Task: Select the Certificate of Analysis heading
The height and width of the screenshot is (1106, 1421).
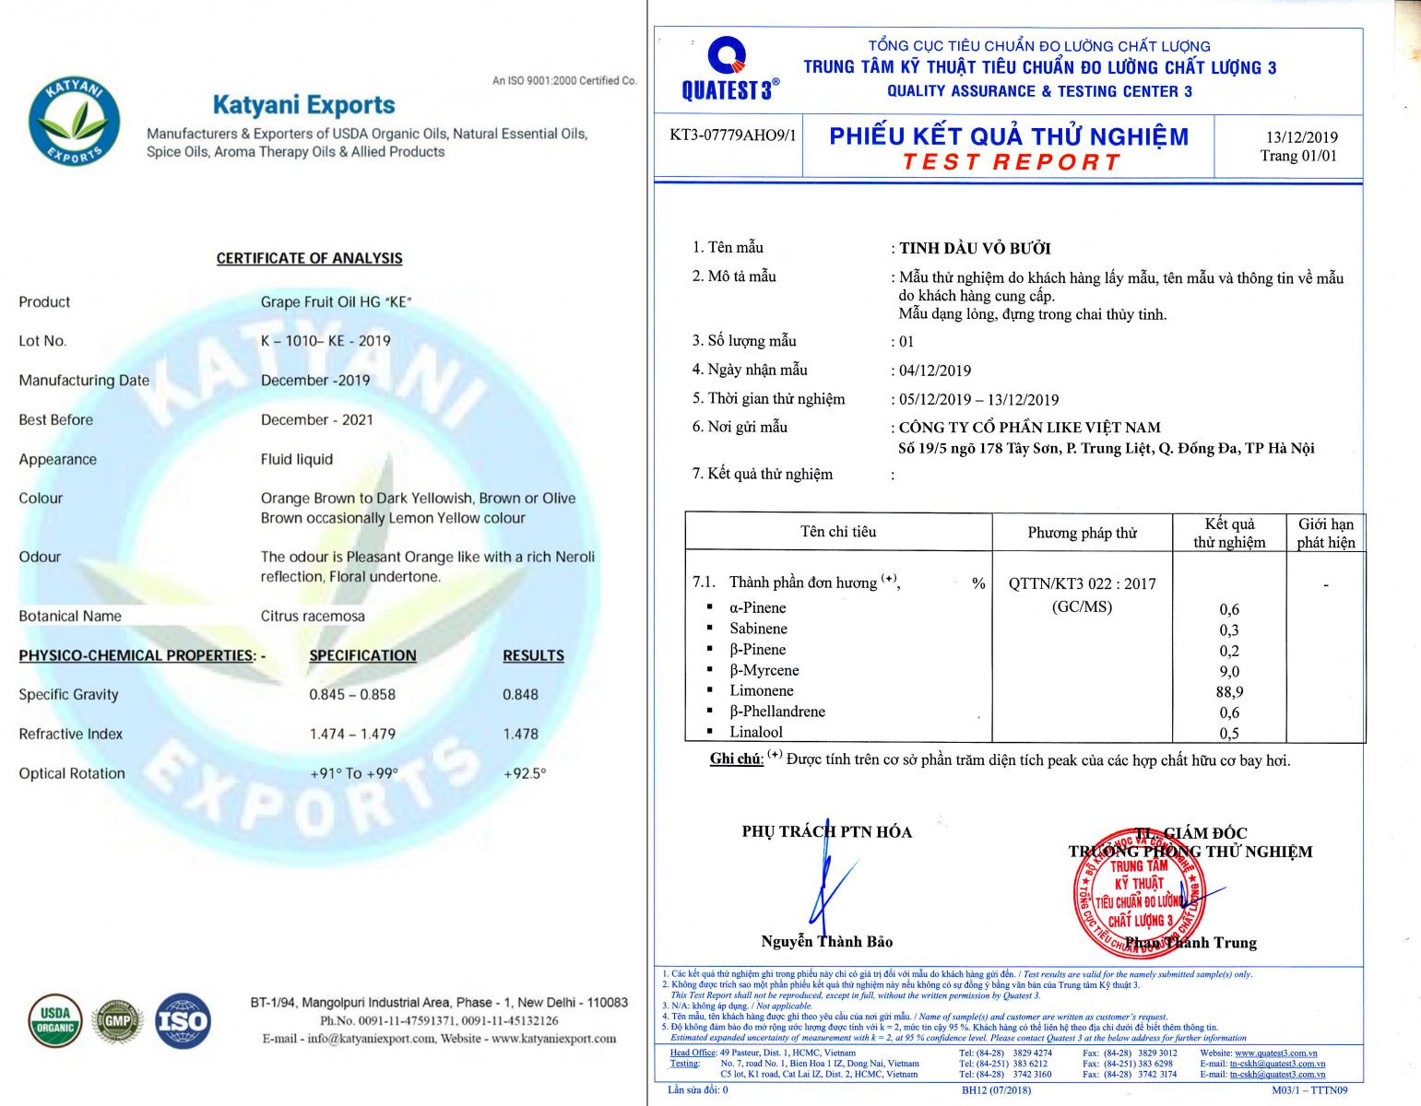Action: [x=309, y=258]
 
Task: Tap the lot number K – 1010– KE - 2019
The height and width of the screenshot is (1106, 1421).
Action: [x=326, y=340]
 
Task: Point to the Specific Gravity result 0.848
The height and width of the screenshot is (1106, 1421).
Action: [x=520, y=694]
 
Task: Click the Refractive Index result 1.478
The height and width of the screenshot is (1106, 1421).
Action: [x=520, y=734]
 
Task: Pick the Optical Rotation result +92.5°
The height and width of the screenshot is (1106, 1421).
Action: [x=525, y=773]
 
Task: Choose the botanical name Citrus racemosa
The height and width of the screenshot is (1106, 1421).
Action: [x=313, y=616]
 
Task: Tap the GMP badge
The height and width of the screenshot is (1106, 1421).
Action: [x=117, y=1020]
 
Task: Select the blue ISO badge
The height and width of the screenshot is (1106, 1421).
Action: [x=184, y=1020]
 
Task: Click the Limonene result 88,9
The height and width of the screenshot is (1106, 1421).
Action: [x=1229, y=691]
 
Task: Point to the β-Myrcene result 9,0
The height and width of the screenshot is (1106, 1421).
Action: [x=1229, y=671]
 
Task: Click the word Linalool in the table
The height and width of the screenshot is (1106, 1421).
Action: [x=756, y=732]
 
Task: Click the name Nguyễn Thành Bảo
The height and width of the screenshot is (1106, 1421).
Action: [x=826, y=941]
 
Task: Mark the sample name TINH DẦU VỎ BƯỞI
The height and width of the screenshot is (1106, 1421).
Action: [x=975, y=248]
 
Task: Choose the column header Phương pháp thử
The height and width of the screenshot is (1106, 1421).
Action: [x=1082, y=533]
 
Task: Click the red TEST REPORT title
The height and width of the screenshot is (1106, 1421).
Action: [x=1011, y=162]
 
